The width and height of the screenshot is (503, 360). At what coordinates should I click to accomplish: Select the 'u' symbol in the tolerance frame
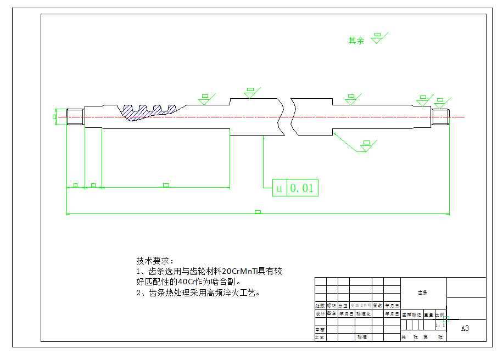point(279,188)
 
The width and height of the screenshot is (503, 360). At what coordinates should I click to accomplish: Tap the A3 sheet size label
point(465,328)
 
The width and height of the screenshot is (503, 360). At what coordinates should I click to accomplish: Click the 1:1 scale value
point(440,325)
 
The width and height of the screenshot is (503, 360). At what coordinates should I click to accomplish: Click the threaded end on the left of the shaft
point(75,117)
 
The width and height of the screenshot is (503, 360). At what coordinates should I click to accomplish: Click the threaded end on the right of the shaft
point(440,117)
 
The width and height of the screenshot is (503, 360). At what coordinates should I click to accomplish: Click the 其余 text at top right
point(356,41)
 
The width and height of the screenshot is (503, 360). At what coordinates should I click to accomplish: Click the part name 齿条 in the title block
point(423,292)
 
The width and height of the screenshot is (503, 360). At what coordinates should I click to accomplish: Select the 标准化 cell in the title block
point(364,314)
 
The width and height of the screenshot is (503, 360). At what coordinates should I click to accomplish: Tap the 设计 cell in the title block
point(320,314)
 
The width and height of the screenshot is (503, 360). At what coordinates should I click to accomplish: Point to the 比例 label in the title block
point(440,315)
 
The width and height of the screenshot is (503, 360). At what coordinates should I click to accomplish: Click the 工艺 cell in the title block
point(320,337)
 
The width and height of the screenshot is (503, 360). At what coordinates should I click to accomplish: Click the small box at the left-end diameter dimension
point(54,117)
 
